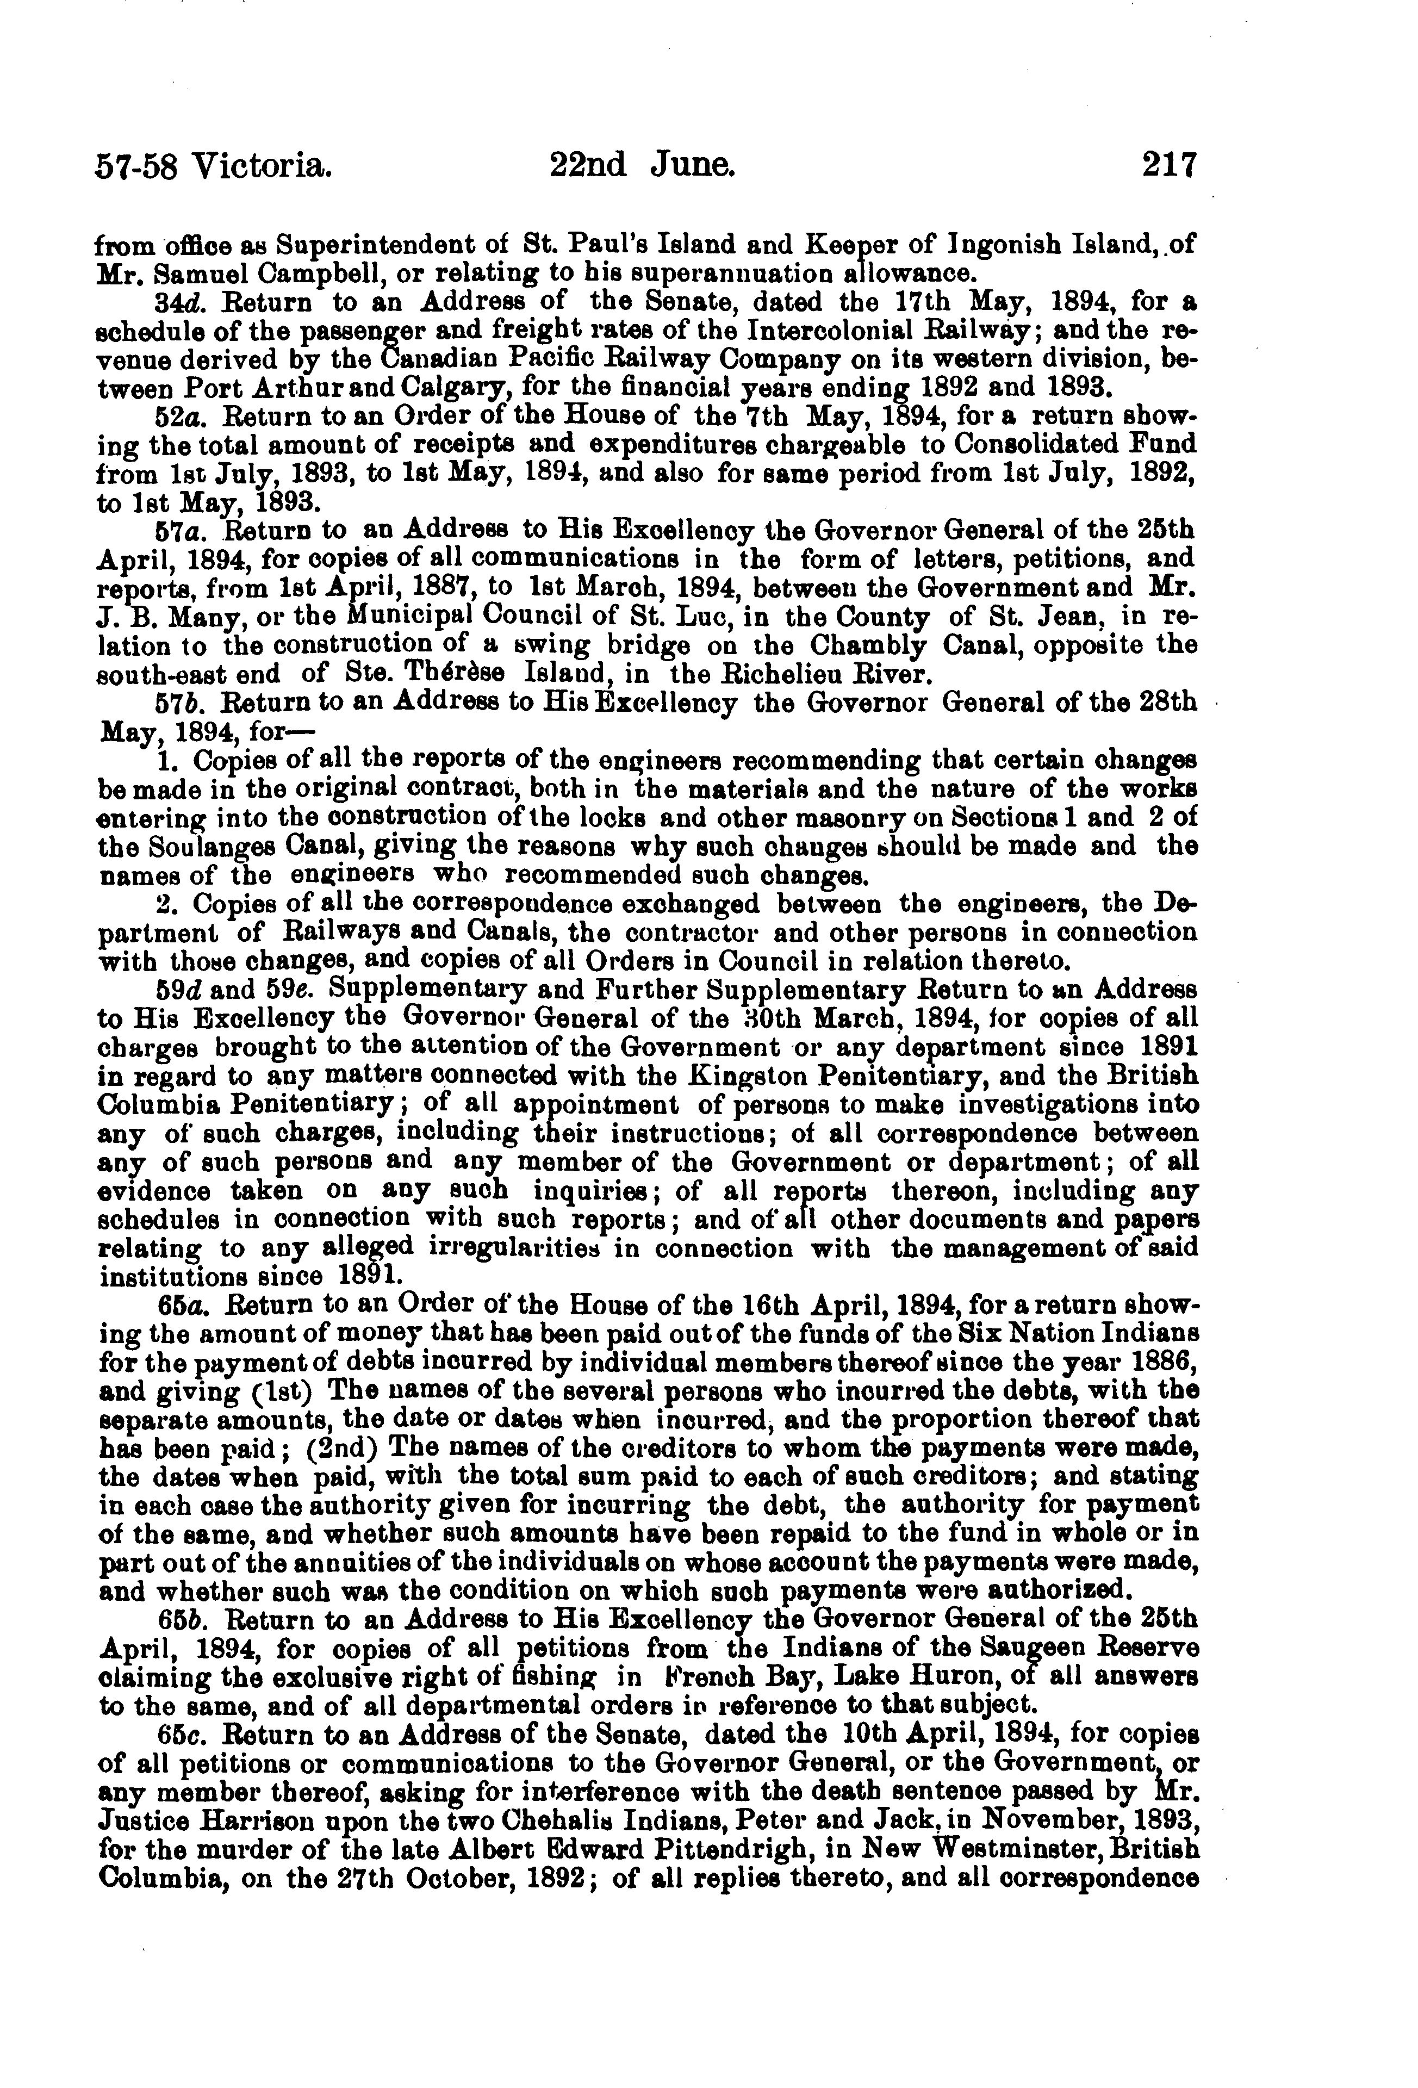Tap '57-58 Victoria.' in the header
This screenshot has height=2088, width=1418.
point(214,167)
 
